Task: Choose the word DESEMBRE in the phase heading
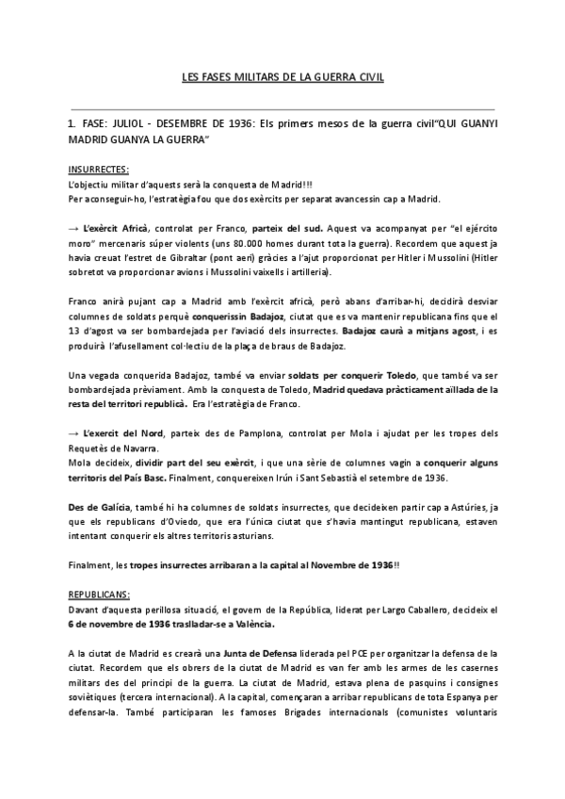pos(203,123)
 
